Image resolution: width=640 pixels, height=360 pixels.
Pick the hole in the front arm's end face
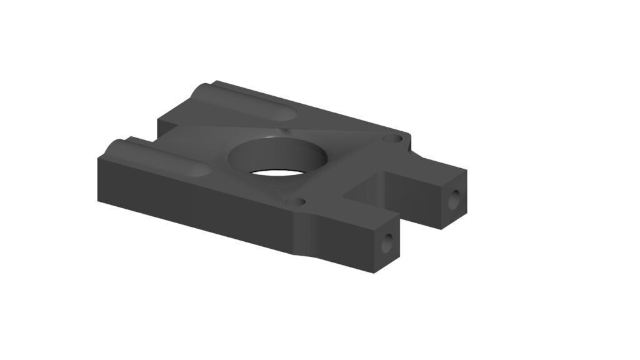pyautogui.click(x=389, y=242)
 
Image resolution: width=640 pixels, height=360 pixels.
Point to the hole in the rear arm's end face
pyautogui.click(x=455, y=199)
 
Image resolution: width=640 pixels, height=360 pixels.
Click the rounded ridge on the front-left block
pyautogui.click(x=156, y=157)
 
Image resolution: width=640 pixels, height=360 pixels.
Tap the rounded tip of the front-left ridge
pyautogui.click(x=200, y=171)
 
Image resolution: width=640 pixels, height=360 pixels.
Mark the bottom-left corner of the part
pyautogui.click(x=98, y=201)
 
